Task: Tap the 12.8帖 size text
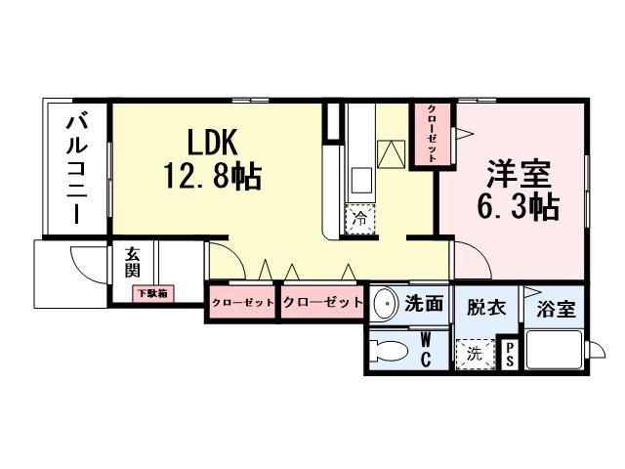coord(211,177)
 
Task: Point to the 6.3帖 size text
coord(520,207)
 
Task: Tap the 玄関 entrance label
coord(132,262)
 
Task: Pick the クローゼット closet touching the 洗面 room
coord(322,302)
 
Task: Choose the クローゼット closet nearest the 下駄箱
coord(241,302)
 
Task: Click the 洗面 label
coord(425,304)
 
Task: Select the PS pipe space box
coord(509,354)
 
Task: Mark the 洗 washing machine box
coord(474,354)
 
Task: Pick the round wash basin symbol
coord(385,302)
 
